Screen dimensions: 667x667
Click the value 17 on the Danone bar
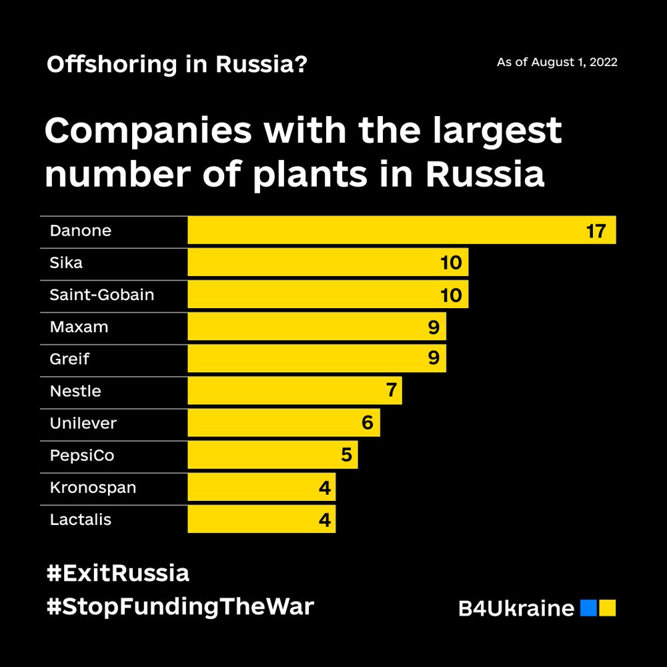(596, 231)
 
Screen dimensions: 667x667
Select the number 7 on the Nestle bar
(392, 390)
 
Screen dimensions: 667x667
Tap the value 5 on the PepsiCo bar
(346, 455)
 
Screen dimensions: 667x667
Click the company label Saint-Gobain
(101, 294)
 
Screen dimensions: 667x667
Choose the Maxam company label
(79, 327)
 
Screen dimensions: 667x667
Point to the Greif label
(69, 359)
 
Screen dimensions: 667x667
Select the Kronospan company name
(93, 488)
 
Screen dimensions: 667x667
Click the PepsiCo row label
(81, 456)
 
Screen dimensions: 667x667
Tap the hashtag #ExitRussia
(118, 573)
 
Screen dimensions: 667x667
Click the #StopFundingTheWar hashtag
(180, 607)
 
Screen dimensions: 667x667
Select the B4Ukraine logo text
(516, 608)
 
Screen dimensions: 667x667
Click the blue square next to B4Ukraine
(588, 608)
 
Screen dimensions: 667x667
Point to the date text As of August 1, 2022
(557, 63)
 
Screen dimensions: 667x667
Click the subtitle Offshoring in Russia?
(177, 65)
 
